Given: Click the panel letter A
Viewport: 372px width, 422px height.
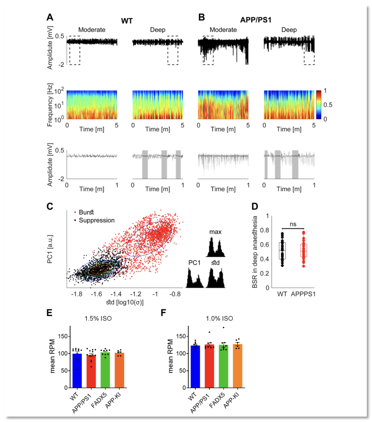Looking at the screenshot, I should (50, 18).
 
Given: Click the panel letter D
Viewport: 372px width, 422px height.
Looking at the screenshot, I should (255, 207).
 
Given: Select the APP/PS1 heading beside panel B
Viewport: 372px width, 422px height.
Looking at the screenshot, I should (256, 20).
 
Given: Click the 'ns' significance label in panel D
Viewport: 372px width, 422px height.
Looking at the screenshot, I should (293, 224).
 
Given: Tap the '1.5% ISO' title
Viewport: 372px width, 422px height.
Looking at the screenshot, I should (98, 318).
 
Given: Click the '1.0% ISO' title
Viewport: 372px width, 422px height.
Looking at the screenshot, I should (219, 318).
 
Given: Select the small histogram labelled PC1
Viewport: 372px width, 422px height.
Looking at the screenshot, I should (195, 279).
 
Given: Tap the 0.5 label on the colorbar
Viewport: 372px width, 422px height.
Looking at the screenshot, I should (328, 105).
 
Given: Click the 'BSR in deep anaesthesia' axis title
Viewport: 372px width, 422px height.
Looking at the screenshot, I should (255, 252).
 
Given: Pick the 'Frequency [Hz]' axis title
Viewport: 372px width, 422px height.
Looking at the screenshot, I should (50, 105).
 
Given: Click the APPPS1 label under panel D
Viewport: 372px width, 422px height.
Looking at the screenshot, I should (303, 294).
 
